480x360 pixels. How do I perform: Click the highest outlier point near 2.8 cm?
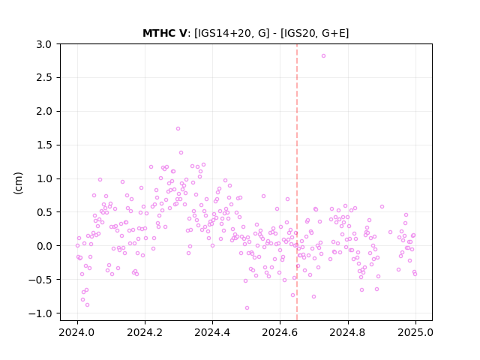(323, 56)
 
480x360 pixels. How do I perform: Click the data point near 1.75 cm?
(178, 128)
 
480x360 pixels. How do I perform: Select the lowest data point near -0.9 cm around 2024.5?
(247, 308)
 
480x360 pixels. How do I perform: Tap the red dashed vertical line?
(297, 182)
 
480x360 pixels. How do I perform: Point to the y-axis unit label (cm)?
(18, 183)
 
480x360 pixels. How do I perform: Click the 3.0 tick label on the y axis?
(43, 44)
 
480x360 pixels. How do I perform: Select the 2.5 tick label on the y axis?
(43, 78)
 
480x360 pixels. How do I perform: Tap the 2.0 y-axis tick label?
(43, 112)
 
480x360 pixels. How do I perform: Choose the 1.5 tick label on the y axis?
(43, 145)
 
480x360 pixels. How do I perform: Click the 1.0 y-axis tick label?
(43, 178)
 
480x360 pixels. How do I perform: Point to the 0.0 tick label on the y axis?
(43, 246)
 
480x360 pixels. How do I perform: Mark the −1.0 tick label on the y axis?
(40, 313)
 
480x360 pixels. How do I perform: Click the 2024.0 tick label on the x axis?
(77, 332)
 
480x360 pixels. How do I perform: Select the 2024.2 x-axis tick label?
(145, 332)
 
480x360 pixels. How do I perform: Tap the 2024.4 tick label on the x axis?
(212, 332)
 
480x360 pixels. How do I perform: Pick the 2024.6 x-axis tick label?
(280, 332)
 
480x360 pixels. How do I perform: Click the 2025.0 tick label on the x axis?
(415, 332)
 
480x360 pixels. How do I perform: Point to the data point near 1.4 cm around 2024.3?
(181, 152)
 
